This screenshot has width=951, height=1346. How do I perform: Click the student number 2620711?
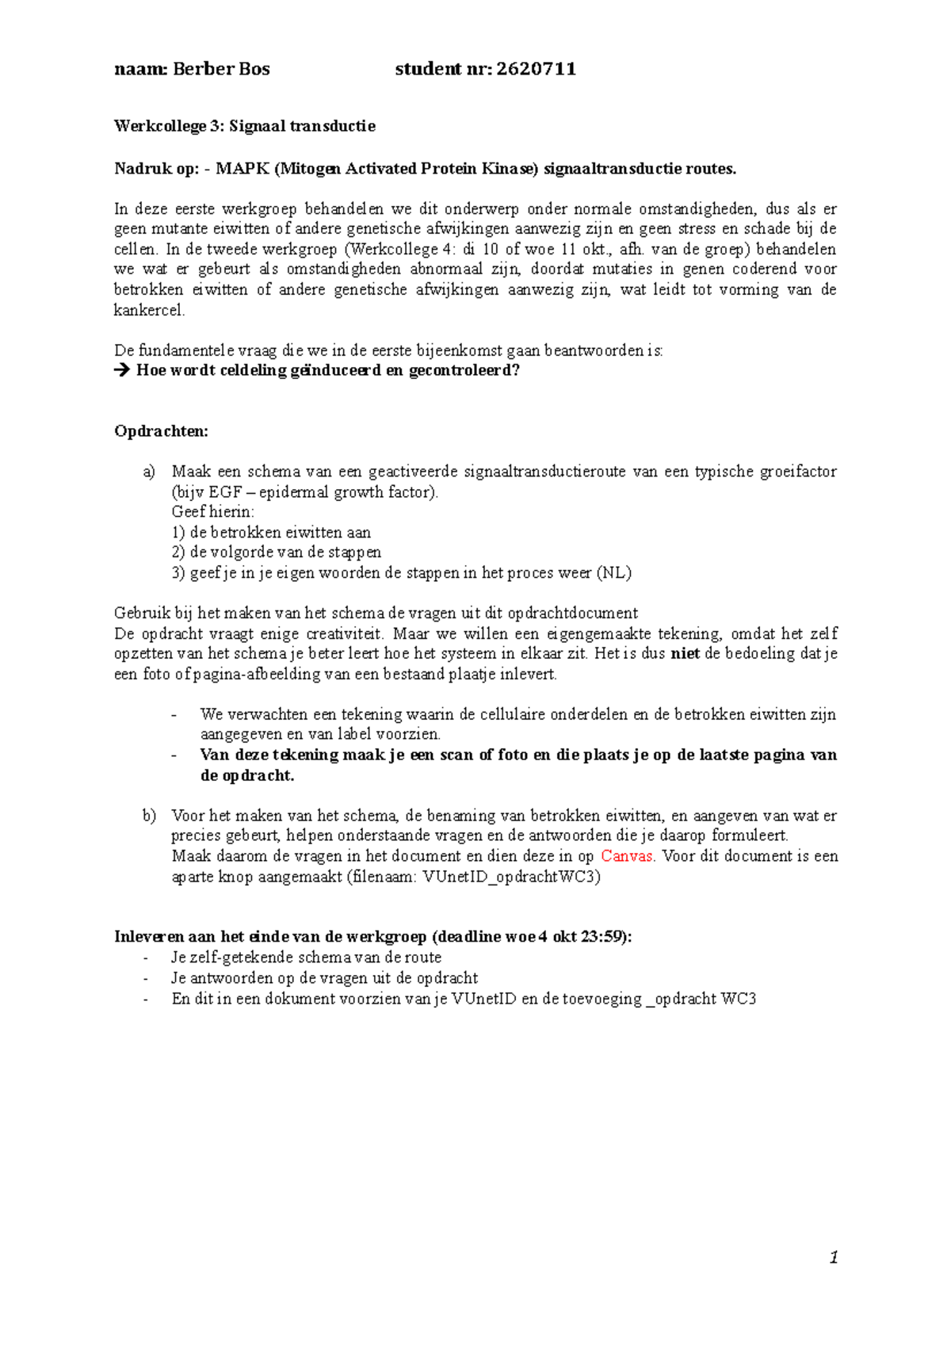pyautogui.click(x=536, y=69)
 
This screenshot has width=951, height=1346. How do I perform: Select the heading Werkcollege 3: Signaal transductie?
pyautogui.click(x=244, y=126)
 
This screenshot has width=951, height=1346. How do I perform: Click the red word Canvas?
pyautogui.click(x=627, y=856)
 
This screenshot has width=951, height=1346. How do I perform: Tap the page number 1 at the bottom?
pyautogui.click(x=833, y=1257)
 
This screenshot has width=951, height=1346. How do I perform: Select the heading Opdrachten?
pyautogui.click(x=161, y=431)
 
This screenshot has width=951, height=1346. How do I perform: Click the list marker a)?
pyautogui.click(x=149, y=472)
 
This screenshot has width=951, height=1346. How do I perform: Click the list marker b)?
pyautogui.click(x=149, y=816)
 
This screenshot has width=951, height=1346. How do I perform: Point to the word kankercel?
pyautogui.click(x=149, y=310)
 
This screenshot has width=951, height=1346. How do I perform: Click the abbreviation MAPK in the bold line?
pyautogui.click(x=242, y=168)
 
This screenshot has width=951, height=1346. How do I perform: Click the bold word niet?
pyautogui.click(x=685, y=654)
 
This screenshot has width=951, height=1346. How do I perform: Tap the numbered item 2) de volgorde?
pyautogui.click(x=276, y=553)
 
